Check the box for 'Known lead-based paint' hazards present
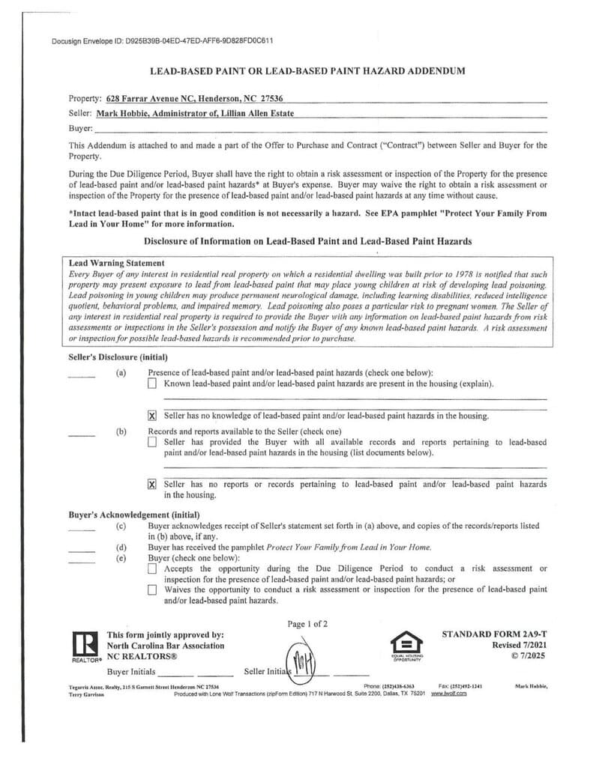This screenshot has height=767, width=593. pos(152,384)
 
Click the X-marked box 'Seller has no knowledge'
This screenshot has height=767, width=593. pos(152,416)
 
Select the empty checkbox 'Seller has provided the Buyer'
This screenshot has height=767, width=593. pos(152,443)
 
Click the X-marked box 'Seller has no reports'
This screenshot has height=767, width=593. pos(152,485)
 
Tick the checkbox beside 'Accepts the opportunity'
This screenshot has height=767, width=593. pos(152,569)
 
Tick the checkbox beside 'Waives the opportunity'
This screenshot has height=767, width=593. pos(152,590)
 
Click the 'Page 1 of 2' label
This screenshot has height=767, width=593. pos(307,623)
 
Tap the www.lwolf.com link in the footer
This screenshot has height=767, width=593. pos(449,694)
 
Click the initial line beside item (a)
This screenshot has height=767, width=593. pos(82,377)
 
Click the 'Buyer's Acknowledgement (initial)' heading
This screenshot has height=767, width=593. pos(133,515)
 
